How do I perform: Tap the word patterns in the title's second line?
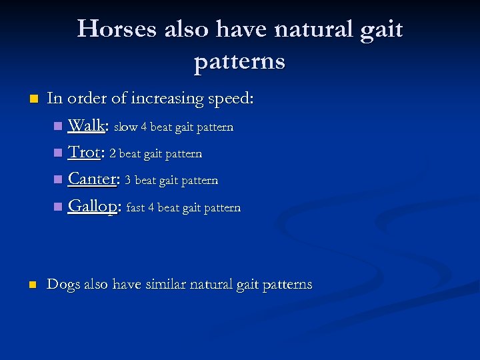point(239,61)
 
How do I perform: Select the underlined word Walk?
point(86,125)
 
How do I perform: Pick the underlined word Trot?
point(84,153)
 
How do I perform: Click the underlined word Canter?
point(93,179)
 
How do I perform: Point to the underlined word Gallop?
point(93,207)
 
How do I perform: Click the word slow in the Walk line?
point(126,127)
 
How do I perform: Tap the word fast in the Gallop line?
point(135,207)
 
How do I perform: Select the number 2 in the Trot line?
point(113,154)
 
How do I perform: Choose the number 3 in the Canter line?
point(128,181)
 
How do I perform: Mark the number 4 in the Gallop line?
point(151,207)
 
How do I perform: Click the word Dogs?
point(63,285)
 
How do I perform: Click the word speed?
point(229,99)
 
